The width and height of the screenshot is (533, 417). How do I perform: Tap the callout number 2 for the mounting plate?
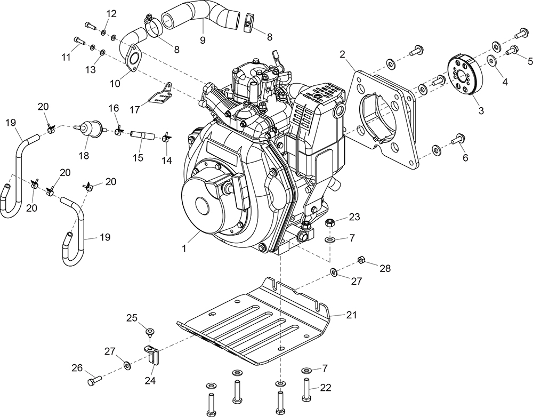(x=342, y=54)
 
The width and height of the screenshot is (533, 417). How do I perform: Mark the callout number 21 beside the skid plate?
(x=350, y=315)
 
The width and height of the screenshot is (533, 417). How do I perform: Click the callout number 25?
(x=132, y=318)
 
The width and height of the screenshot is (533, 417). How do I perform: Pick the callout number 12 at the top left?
(x=111, y=13)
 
